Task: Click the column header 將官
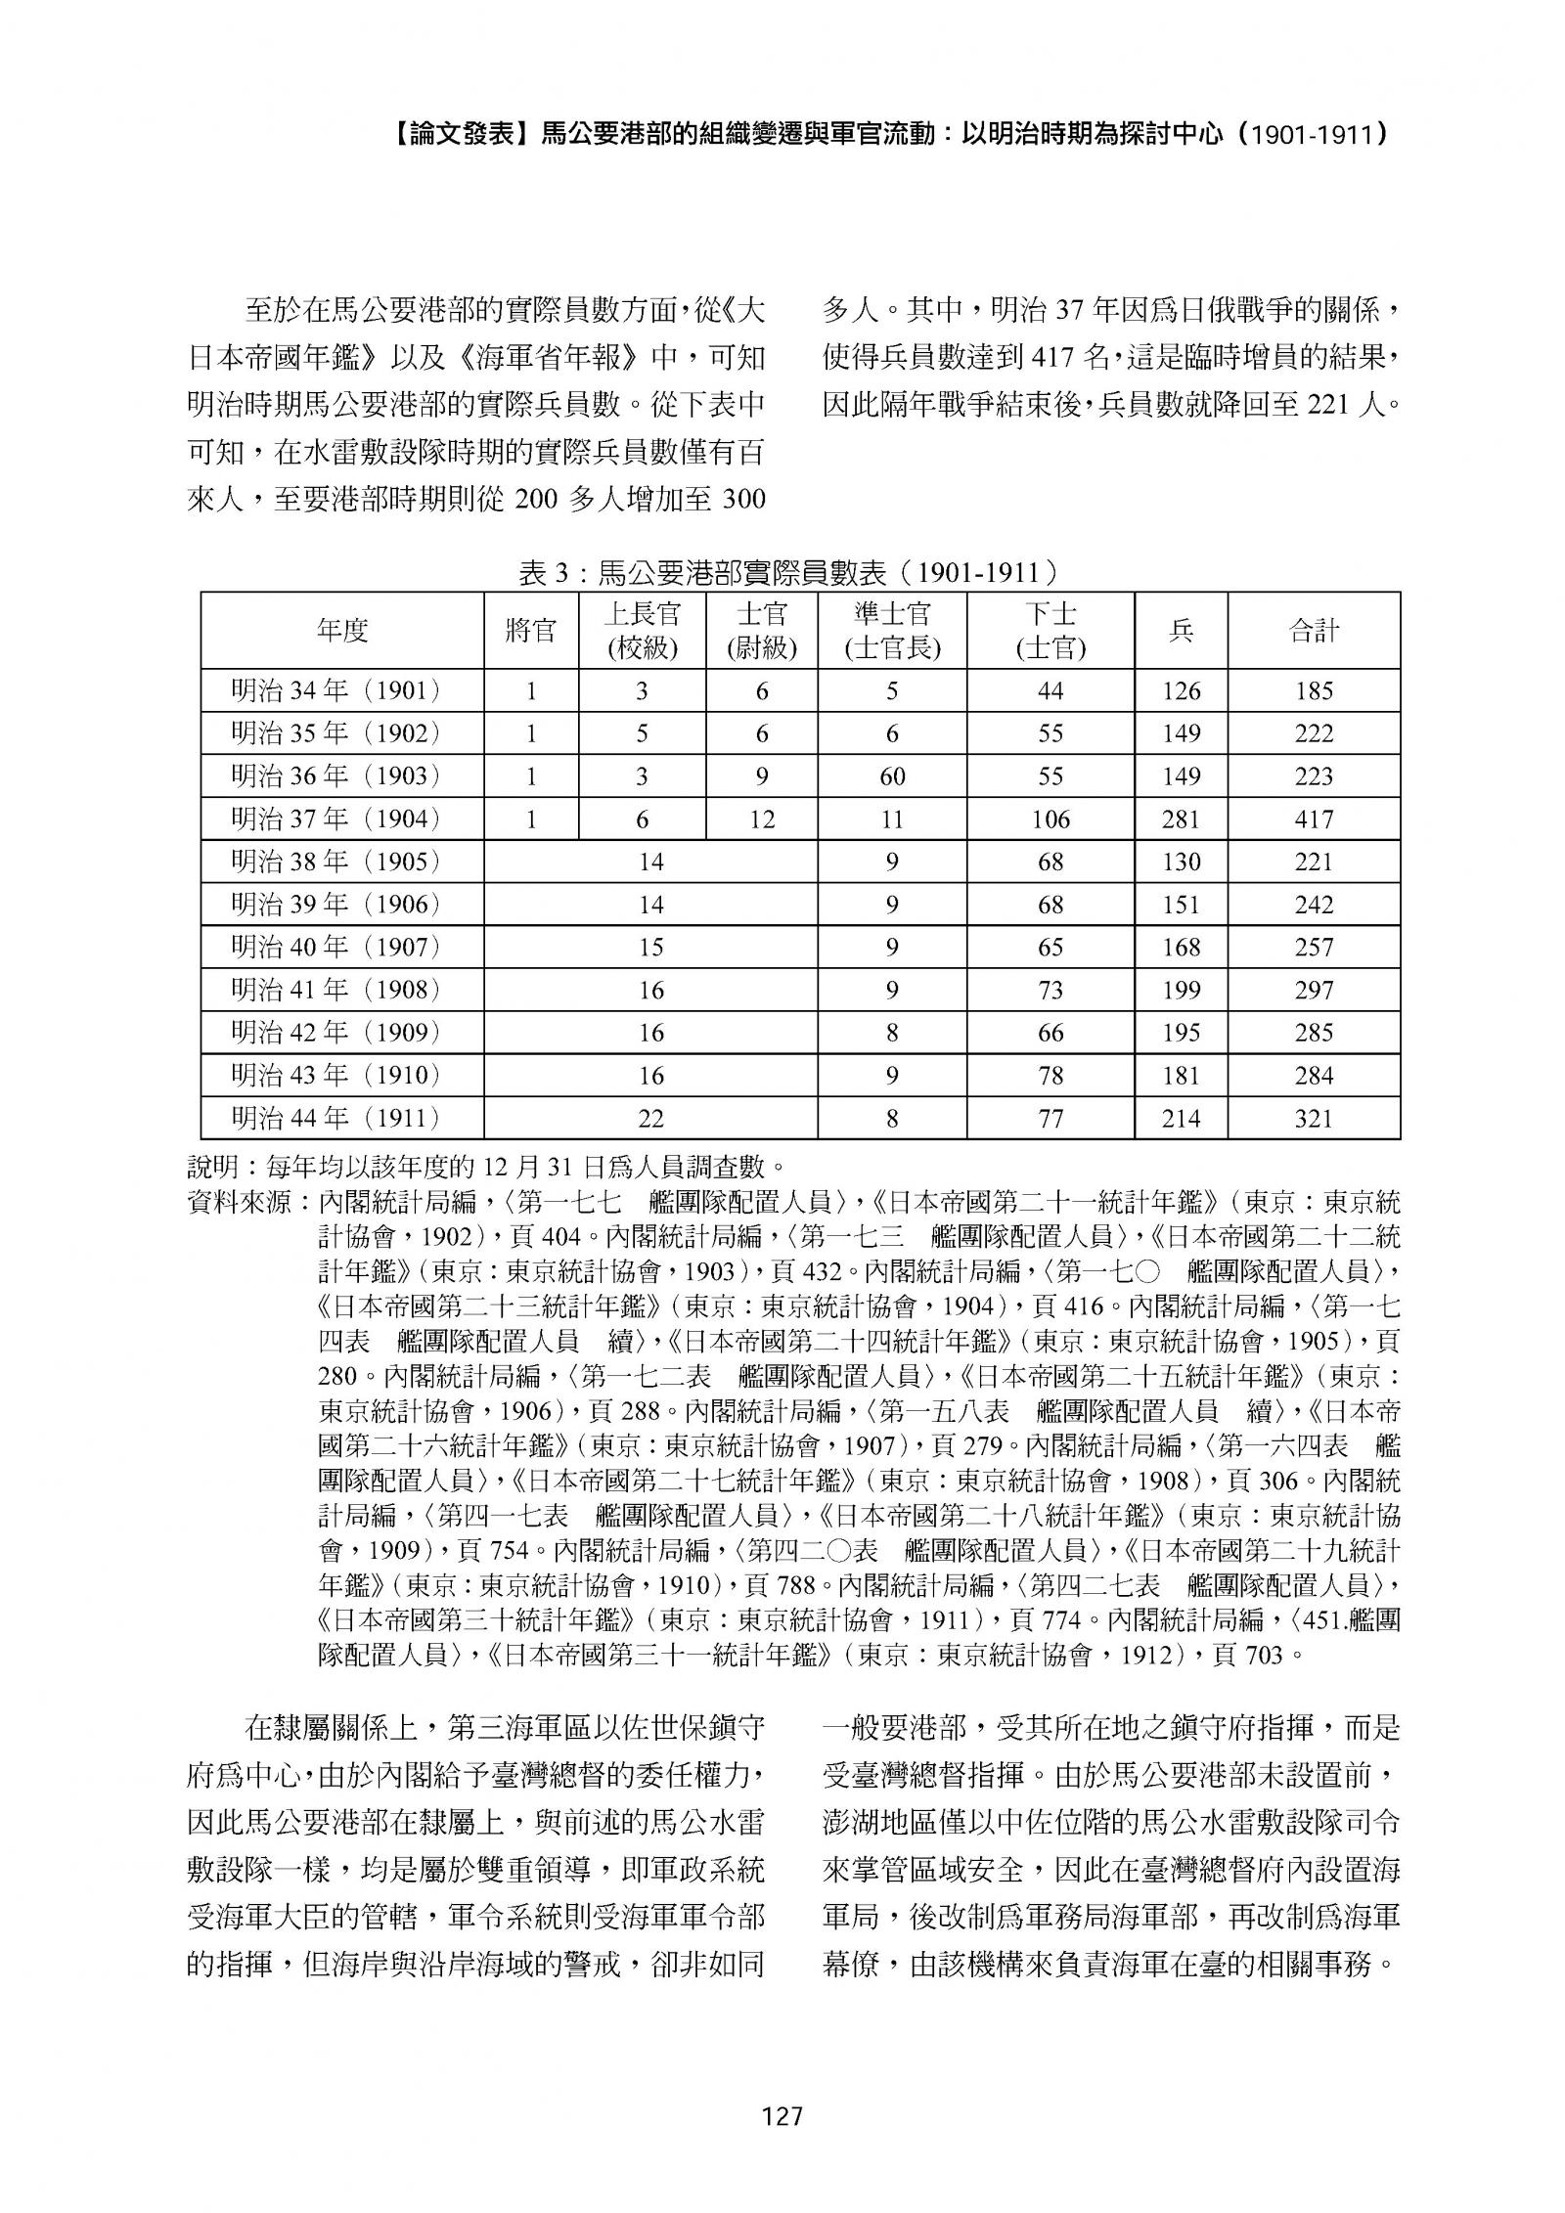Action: coord(531,631)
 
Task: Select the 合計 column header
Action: coord(1313,631)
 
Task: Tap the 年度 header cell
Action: coord(341,631)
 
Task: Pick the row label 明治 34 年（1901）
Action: coord(335,691)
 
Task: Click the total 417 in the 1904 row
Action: coord(1313,819)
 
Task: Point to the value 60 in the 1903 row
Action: coord(891,776)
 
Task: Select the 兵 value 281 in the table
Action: coord(1181,819)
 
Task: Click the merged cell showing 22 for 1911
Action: coord(650,1118)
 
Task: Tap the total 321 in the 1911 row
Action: coord(1313,1118)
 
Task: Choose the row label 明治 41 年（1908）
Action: coord(335,990)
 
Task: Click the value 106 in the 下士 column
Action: coord(1050,819)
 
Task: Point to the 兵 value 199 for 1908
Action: coord(1181,990)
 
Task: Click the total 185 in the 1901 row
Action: coord(1313,691)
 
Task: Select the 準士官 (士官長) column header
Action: coord(891,631)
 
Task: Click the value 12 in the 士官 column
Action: coord(761,819)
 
